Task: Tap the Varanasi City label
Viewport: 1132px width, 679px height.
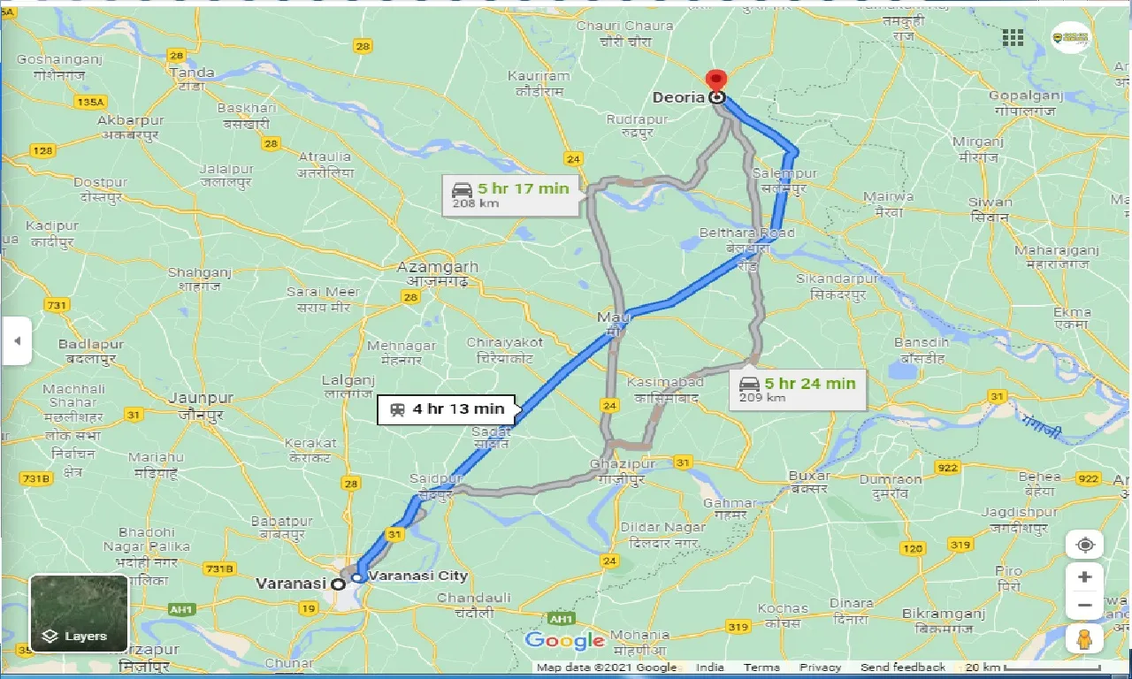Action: pyautogui.click(x=417, y=576)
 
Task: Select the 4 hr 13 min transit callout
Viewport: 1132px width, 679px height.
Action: pyautogui.click(x=447, y=409)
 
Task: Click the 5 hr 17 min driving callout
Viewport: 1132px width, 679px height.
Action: pyautogui.click(x=512, y=194)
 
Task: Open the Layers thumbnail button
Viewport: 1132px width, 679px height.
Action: pyautogui.click(x=79, y=613)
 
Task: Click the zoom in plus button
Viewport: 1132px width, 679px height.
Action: pyautogui.click(x=1084, y=577)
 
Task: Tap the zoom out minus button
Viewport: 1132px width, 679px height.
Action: pyautogui.click(x=1084, y=607)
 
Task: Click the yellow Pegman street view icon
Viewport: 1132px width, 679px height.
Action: pyautogui.click(x=1084, y=639)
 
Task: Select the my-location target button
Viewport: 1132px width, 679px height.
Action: pyautogui.click(x=1084, y=545)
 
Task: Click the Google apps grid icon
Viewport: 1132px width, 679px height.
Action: pyautogui.click(x=1013, y=38)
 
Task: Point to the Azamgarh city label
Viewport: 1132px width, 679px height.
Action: pyautogui.click(x=437, y=267)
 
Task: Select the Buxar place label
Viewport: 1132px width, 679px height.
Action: pyautogui.click(x=808, y=476)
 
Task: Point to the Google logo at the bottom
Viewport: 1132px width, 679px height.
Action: pyautogui.click(x=564, y=641)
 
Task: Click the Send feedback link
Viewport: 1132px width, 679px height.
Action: pyautogui.click(x=903, y=668)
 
